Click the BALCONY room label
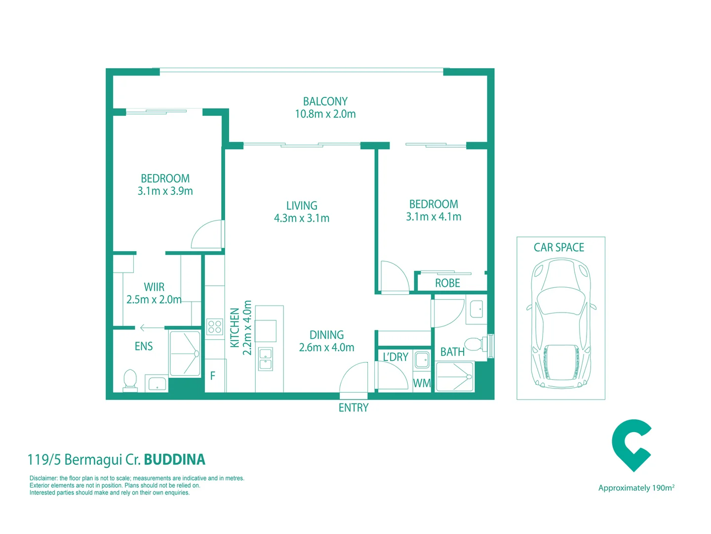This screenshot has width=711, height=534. point(325,101)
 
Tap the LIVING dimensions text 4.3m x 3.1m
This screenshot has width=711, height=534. point(301,218)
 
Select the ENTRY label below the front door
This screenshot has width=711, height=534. point(353,408)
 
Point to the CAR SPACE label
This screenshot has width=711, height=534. point(558,247)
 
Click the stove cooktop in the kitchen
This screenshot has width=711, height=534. point(215,327)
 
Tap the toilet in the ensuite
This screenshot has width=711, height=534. point(130,380)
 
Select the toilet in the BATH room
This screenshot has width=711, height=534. point(474,344)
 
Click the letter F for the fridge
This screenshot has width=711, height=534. point(213,376)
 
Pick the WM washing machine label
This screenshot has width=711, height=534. point(422,383)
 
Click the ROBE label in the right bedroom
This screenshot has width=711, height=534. point(447,283)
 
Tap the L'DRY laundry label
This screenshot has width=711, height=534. point(395,357)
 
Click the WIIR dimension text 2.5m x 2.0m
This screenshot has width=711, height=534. point(154,300)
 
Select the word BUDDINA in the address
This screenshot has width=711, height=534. point(174,459)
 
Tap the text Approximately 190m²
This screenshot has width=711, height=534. point(636,488)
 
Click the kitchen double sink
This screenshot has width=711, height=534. point(266,359)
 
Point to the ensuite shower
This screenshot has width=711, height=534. point(185,354)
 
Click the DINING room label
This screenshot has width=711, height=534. point(326,335)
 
